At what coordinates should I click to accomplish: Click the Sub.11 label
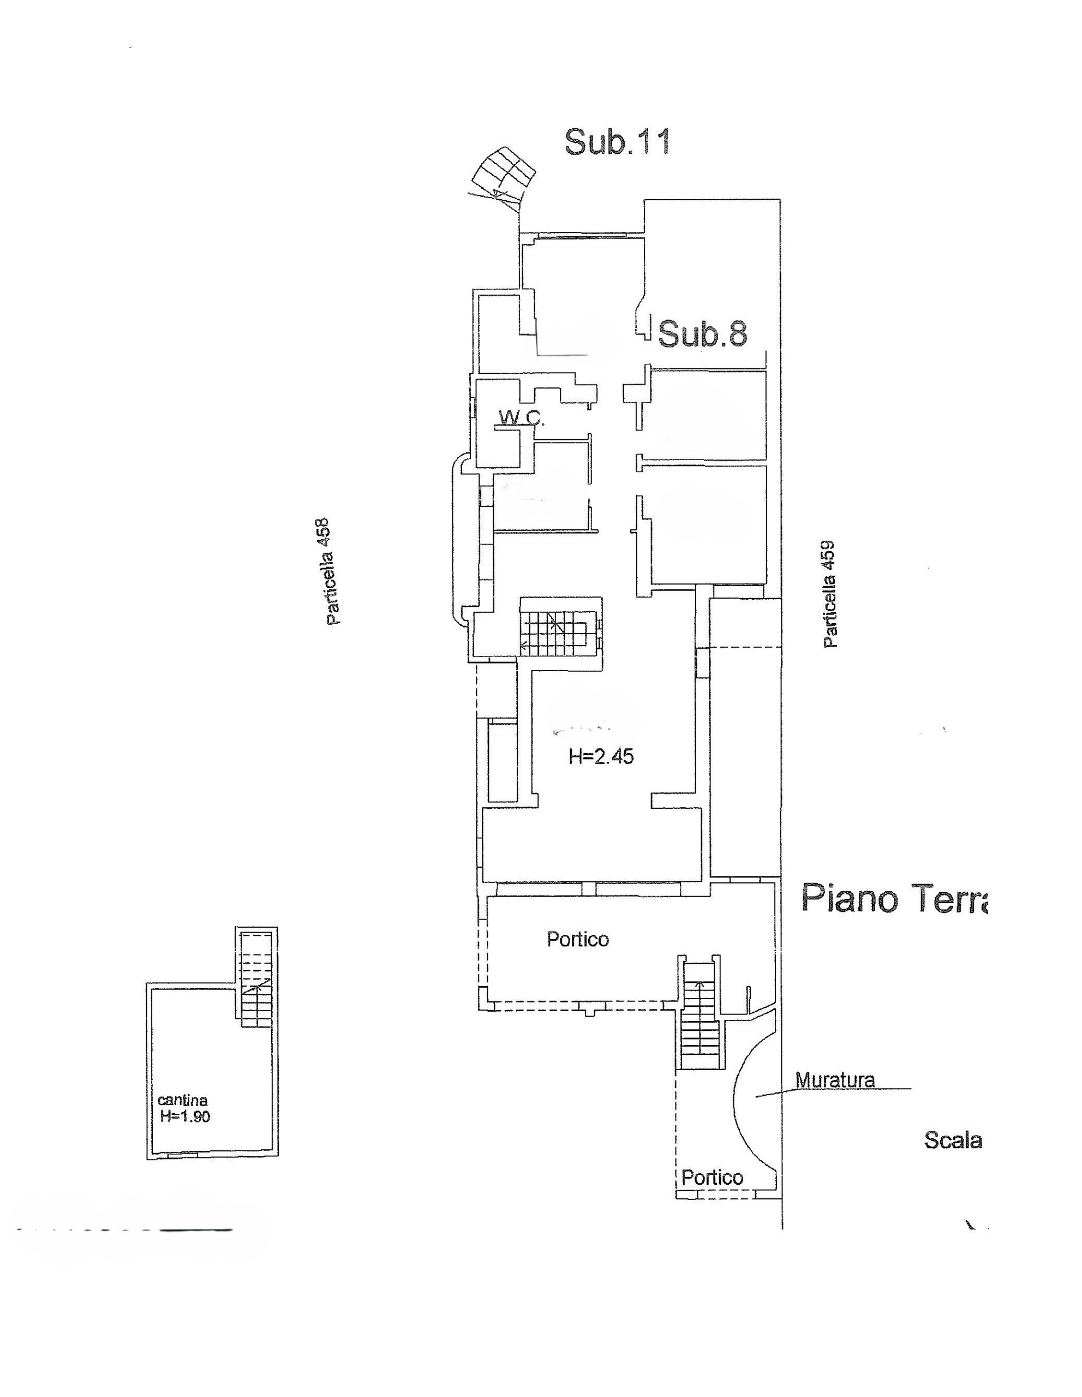(617, 141)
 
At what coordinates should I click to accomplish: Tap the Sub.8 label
(702, 333)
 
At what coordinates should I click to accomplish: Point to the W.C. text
(521, 419)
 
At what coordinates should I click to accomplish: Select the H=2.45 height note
(601, 757)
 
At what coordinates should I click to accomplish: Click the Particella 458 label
(332, 571)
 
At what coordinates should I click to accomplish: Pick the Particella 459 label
(829, 595)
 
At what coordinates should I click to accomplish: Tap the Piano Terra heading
(894, 898)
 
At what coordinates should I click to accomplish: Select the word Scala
(953, 1140)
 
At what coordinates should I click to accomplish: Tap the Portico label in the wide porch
(577, 939)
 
